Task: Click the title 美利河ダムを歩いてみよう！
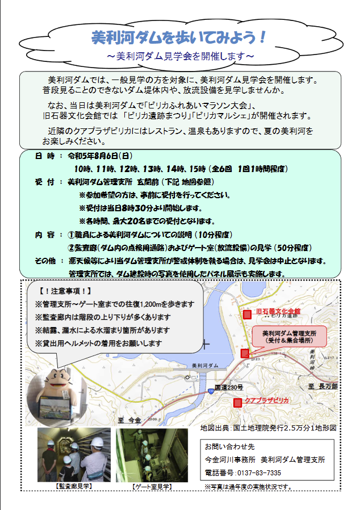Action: pos(179,37)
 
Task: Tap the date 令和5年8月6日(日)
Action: pos(100,155)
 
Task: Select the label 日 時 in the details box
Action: pos(45,155)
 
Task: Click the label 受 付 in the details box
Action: pos(45,182)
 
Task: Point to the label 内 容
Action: pos(45,235)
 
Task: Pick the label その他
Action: pos(45,261)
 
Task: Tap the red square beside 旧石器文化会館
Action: pos(247,313)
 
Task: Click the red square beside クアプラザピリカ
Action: pos(237,402)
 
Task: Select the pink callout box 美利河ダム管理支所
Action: pos(290,336)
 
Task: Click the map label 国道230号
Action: pos(229,387)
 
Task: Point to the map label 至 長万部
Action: pos(323,386)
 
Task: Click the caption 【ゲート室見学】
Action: pos(152,487)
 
